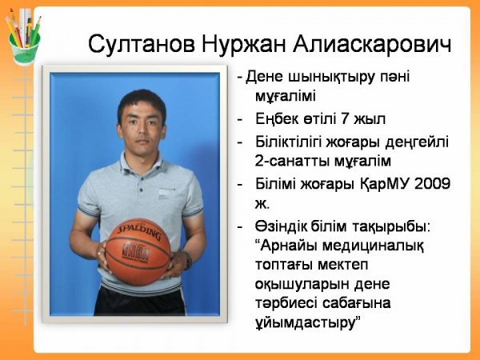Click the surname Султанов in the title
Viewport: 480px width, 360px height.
point(142,44)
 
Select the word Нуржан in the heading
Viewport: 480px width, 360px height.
point(244,45)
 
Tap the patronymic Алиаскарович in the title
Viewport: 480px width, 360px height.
point(372,44)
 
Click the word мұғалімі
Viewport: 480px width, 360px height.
point(286,97)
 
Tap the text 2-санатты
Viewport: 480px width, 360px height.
point(292,161)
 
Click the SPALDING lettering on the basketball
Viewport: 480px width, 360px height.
point(139,232)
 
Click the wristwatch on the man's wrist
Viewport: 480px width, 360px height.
point(187,260)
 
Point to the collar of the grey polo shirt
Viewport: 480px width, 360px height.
point(141,164)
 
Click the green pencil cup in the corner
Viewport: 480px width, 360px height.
point(25,48)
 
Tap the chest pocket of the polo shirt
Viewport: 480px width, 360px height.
point(165,194)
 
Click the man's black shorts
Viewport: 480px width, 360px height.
point(140,301)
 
